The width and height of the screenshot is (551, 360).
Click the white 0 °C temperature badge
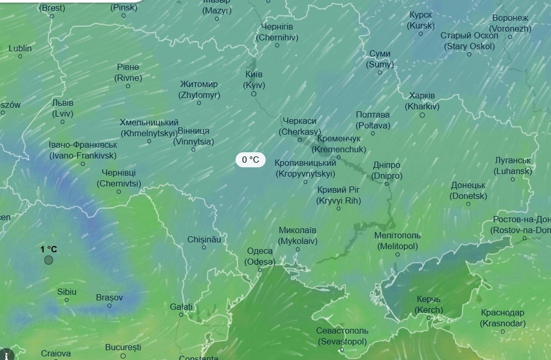coord(251,160)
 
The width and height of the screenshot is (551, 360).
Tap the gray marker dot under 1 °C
coord(49,260)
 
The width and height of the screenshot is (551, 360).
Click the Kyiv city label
coord(254,80)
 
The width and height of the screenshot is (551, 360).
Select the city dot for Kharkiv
coord(422,115)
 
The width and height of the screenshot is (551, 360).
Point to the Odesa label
coord(259,256)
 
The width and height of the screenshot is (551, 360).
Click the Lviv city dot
coord(63,122)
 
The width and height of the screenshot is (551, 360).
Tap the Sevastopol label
coord(342,336)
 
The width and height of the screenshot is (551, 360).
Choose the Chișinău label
coord(204,240)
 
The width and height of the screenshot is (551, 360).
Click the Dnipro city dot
coord(387,184)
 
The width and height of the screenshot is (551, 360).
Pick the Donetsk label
coord(468,191)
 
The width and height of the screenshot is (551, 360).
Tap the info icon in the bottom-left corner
coord(7,354)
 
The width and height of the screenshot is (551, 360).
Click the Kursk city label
coord(421,20)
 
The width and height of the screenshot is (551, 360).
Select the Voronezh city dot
coord(510,37)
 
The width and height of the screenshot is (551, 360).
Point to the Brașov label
coord(109,297)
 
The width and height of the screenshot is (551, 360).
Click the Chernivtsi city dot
coord(119,192)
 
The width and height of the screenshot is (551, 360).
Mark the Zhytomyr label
coord(199,89)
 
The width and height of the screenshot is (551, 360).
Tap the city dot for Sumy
coord(380,73)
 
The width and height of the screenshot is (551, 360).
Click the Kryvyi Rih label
coord(339,195)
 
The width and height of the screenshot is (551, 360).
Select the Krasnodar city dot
coord(503,332)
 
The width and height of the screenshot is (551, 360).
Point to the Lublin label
coord(20,48)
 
